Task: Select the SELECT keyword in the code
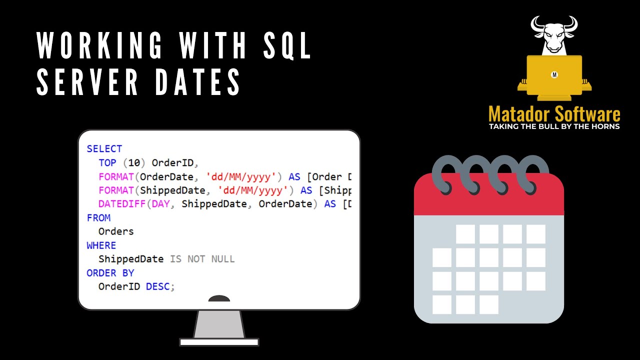point(104,149)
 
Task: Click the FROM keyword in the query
point(98,218)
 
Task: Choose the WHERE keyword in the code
point(101,245)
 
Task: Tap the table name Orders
point(116,231)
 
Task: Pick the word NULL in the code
point(222,259)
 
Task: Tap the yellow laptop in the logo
point(554,75)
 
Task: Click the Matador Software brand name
point(554,114)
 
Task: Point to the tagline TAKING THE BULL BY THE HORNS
point(554,126)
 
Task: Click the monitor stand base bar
point(219,342)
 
